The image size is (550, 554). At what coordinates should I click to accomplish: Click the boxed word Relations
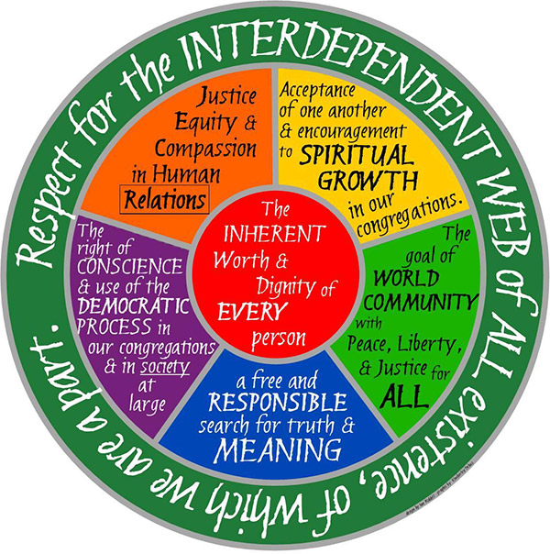point(165,199)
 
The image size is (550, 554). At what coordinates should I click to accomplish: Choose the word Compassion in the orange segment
point(206,150)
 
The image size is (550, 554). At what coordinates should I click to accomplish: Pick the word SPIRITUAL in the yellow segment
point(357,155)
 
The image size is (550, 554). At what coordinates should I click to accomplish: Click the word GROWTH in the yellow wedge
point(368,180)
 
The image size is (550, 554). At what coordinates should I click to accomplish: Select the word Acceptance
point(317,91)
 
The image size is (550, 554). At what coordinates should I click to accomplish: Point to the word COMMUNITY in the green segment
point(420,302)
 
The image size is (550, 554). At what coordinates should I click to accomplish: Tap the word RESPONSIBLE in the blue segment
point(278,402)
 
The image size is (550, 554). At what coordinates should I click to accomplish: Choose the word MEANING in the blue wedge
point(278,450)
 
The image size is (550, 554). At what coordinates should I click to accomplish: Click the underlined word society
point(165,368)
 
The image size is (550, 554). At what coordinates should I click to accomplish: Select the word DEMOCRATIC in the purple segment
point(134,306)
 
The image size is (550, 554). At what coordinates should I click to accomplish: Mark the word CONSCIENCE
point(130,266)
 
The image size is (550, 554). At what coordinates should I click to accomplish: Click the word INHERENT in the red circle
point(275,233)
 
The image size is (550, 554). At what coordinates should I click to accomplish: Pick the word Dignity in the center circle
point(285,286)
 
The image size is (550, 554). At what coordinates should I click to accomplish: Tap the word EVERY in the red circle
point(252,312)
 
